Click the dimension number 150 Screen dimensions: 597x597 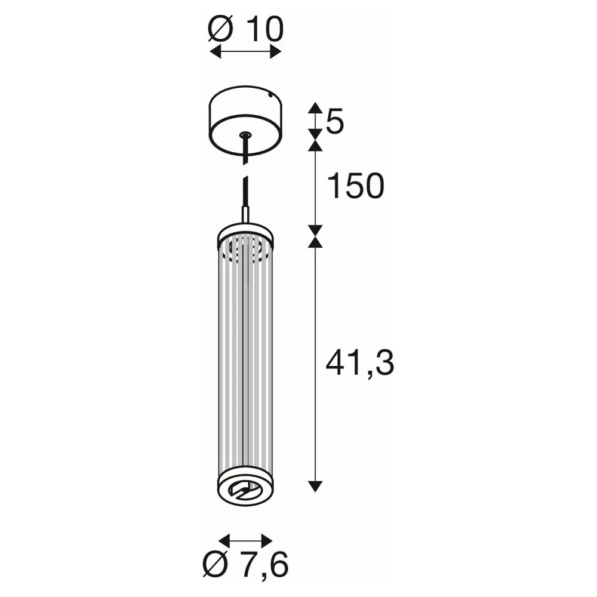pos(356,186)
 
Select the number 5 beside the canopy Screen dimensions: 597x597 pos(335,121)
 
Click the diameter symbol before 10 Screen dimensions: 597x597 pos(220,29)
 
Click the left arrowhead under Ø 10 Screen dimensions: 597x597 pos(216,52)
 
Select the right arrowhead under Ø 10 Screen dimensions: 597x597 pos(276,52)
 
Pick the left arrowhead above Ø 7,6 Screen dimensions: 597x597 pos(225,540)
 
